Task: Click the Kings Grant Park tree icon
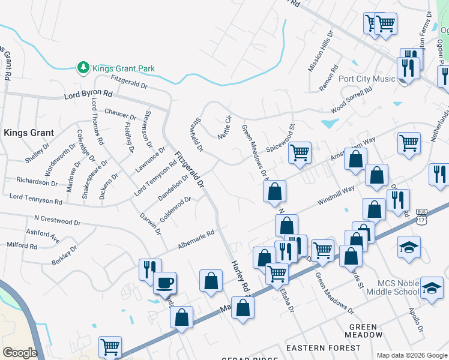tap(83, 68)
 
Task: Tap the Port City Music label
tap(367, 79)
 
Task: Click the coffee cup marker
tap(164, 282)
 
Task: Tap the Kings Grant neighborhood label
tap(29, 132)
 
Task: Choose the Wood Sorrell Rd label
tap(351, 100)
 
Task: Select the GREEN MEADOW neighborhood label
tap(364, 331)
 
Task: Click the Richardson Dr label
tap(37, 181)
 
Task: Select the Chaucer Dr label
tap(120, 113)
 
